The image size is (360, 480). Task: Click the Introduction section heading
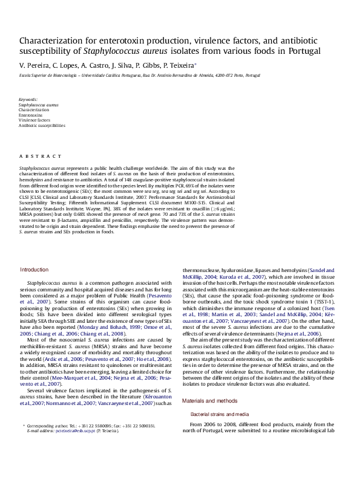34,270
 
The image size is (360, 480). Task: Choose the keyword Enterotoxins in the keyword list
30,114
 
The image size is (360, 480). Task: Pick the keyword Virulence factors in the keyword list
34,120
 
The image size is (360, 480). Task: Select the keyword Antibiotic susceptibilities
42,125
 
